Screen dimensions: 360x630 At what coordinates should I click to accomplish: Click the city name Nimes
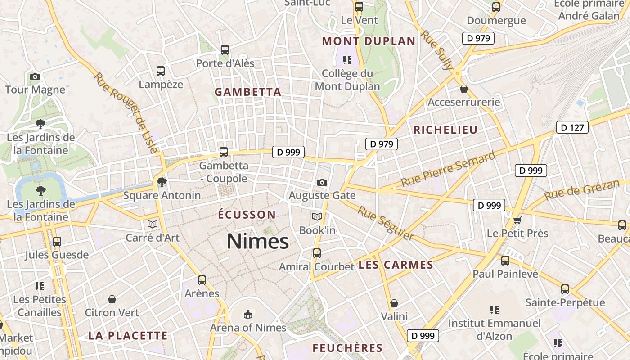258,242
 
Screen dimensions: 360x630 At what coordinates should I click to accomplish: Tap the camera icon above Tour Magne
35,76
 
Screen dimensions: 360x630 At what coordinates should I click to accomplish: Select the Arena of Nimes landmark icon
247,314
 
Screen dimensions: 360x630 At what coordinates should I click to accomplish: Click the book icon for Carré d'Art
153,224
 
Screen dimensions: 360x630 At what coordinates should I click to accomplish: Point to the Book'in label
317,230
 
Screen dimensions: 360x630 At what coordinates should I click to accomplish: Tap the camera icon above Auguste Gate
322,182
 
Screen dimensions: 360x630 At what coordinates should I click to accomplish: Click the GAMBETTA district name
247,92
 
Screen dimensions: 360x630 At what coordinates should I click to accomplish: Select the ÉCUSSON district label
247,214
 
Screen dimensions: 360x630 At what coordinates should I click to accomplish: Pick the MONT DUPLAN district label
369,41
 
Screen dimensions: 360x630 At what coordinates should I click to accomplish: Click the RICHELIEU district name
445,130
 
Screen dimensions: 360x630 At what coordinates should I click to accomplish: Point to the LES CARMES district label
396,265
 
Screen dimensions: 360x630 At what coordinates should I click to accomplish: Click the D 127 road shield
572,127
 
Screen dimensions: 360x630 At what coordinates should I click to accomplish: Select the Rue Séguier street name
386,223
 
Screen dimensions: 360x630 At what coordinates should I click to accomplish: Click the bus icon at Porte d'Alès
225,50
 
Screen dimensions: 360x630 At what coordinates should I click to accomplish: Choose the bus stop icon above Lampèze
161,71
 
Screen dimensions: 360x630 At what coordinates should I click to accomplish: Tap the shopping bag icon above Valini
394,303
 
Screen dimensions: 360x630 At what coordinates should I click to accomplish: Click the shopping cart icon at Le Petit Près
517,220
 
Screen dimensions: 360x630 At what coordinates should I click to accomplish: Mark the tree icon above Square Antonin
162,182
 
